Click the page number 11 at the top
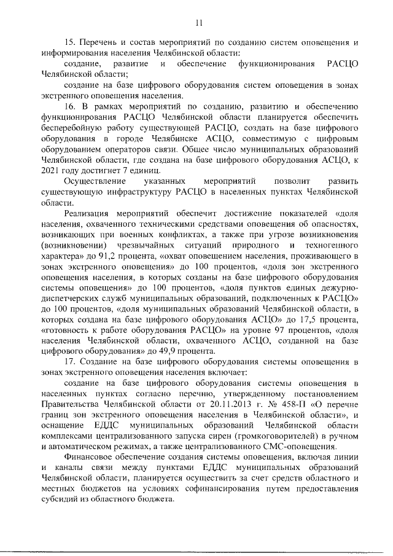click(198, 23)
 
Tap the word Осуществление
click(93, 180)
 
